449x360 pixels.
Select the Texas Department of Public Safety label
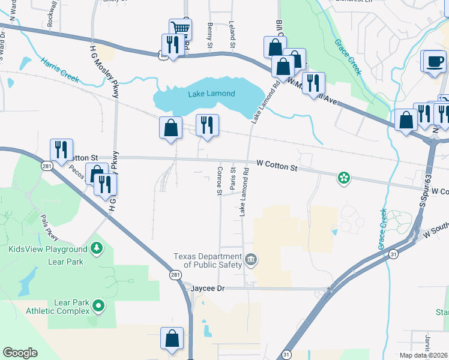click(208, 260)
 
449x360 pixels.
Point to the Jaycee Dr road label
click(208, 289)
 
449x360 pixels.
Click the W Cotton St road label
click(277, 163)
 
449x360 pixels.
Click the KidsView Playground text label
click(48, 249)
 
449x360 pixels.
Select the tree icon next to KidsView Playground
click(97, 248)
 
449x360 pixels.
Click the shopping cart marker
click(180, 28)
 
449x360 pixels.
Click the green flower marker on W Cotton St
click(344, 177)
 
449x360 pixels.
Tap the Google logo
click(20, 353)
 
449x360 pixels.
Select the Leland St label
click(231, 31)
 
